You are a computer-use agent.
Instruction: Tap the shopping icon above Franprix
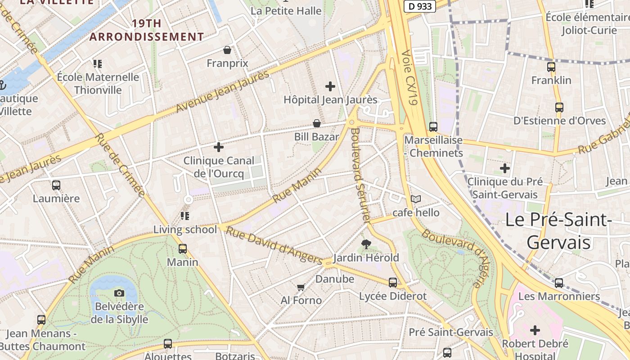(x=227, y=50)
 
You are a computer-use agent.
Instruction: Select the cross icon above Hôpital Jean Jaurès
(x=330, y=86)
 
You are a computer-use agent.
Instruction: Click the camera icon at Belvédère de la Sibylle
(x=119, y=293)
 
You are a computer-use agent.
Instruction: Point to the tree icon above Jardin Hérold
(x=366, y=244)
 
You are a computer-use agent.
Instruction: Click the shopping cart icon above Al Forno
(x=301, y=287)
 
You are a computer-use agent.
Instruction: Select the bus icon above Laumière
(x=56, y=185)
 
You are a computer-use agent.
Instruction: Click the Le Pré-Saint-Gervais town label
(x=558, y=231)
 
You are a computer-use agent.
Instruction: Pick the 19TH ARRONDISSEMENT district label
(x=147, y=30)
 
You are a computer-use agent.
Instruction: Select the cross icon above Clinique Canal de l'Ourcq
(x=219, y=147)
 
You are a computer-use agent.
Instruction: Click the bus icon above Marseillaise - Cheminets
(x=433, y=127)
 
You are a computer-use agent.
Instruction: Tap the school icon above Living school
(x=185, y=216)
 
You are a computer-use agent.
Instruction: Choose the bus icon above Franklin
(x=551, y=67)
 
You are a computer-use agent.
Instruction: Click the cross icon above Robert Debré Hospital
(x=535, y=331)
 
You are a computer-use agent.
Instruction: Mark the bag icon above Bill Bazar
(x=317, y=123)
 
